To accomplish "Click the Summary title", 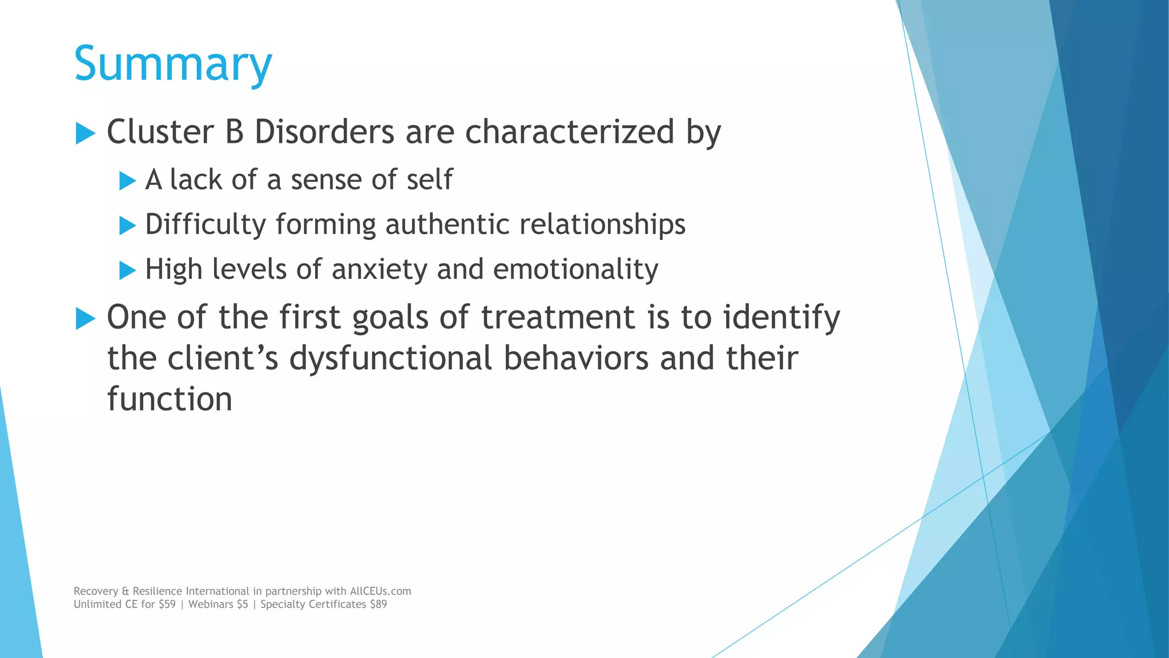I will click(173, 64).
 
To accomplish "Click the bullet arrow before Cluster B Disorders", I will click(85, 134).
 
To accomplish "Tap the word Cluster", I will click(160, 132).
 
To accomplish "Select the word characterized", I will click(570, 132).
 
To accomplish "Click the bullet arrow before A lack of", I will click(127, 181).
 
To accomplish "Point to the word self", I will click(429, 180).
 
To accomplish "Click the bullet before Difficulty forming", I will click(127, 226).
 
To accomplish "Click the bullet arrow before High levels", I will click(127, 270).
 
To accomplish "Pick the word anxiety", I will click(379, 270).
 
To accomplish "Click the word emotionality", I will click(575, 270).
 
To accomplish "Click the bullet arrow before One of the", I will click(85, 318).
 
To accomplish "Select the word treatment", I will click(558, 317).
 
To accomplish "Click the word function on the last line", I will click(170, 399).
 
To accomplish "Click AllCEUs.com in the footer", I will click(380, 591).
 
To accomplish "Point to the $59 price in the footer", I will click(167, 604).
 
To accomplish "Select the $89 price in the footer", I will click(378, 604).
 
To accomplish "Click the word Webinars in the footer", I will click(211, 604).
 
